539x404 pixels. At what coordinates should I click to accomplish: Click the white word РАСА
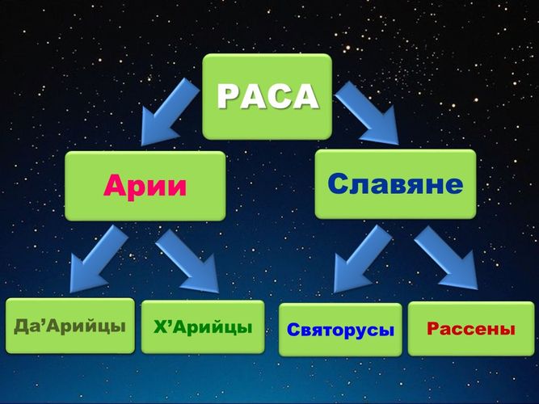point(267,96)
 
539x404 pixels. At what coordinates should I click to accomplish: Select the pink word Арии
point(145,186)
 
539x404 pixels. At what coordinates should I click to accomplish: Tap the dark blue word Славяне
point(395,184)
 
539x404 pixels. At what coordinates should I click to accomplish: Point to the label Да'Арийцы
point(69,326)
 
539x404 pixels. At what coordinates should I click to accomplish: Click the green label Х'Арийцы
point(203,327)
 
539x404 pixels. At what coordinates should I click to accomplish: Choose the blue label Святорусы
point(340,330)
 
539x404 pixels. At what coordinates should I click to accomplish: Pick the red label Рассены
point(471,328)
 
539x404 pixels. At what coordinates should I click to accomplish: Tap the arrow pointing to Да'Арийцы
point(98,259)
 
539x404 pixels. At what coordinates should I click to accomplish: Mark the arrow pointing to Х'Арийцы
point(188,260)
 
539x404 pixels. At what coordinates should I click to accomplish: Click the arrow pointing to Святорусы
point(362,259)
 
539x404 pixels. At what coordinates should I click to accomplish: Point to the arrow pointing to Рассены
point(446,258)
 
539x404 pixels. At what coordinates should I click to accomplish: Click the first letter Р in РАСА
point(228,97)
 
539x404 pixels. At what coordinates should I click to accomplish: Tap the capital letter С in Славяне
point(339,184)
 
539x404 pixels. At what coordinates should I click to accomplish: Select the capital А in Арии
point(116,185)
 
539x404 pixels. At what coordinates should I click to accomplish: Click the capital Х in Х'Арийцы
point(160,327)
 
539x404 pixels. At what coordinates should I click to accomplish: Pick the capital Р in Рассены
point(433,328)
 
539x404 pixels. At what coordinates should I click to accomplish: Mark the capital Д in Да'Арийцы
point(21,326)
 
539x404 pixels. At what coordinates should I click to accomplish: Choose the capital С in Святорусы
point(293,330)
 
